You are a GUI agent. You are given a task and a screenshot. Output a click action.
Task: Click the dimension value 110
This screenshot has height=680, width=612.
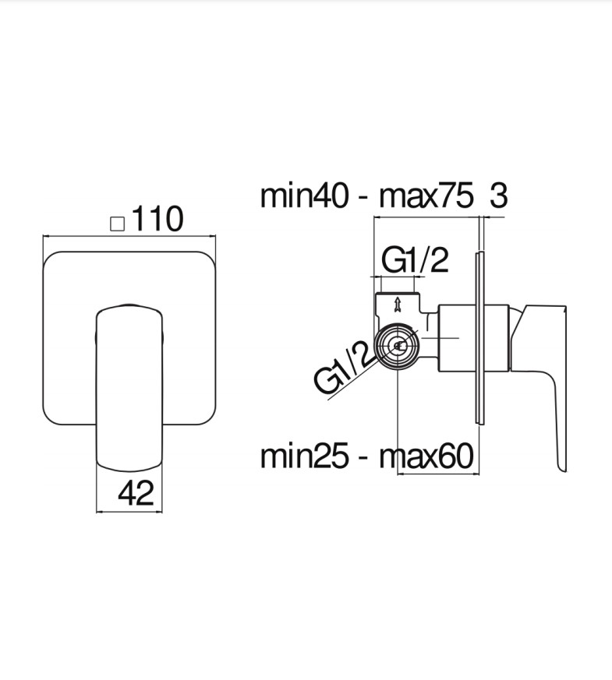(x=157, y=220)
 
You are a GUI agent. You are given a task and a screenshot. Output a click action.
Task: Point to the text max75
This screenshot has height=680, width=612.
(x=426, y=196)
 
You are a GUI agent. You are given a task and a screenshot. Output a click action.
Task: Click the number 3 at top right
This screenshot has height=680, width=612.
(x=498, y=196)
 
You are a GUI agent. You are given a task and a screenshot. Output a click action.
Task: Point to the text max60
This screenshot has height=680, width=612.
(x=426, y=456)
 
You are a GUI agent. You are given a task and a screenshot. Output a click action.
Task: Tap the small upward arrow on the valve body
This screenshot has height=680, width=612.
(x=398, y=304)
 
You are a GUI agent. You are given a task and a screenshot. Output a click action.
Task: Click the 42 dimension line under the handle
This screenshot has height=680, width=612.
(x=129, y=511)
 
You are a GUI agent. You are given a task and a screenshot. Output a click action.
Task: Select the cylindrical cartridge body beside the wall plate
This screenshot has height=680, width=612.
(x=456, y=336)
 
